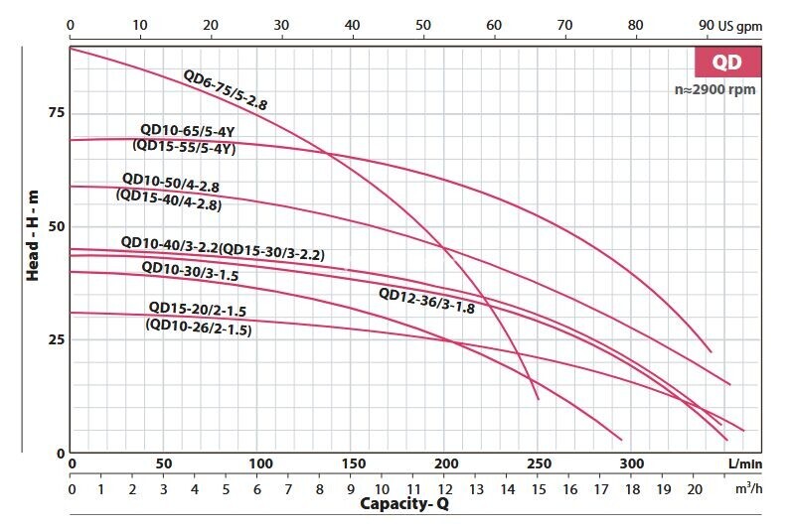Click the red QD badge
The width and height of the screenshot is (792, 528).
[x=725, y=62]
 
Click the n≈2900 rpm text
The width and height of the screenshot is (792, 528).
[x=714, y=89]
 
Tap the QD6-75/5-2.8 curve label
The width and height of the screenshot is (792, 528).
[x=226, y=89]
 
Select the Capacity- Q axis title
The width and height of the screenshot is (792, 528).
[x=403, y=504]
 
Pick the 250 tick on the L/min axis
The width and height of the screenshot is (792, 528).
[x=538, y=463]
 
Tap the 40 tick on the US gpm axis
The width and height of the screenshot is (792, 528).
[x=352, y=24]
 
